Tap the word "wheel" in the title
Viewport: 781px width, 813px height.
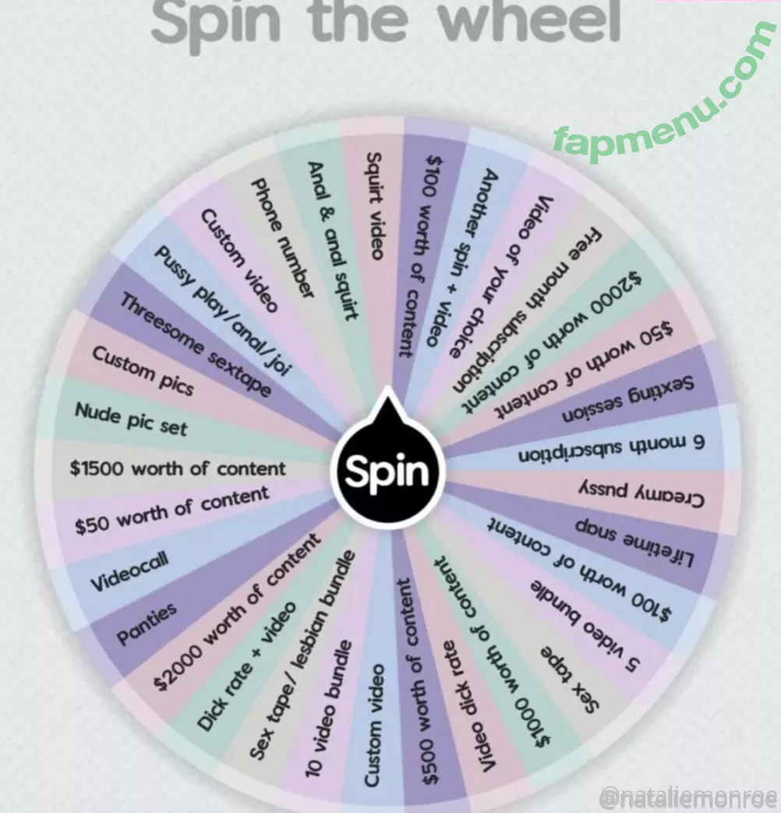[x=530, y=21]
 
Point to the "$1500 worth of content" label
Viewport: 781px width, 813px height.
[x=178, y=469]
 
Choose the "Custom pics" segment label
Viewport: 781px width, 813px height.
[x=143, y=369]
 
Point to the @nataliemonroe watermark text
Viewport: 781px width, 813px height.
[x=688, y=797]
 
